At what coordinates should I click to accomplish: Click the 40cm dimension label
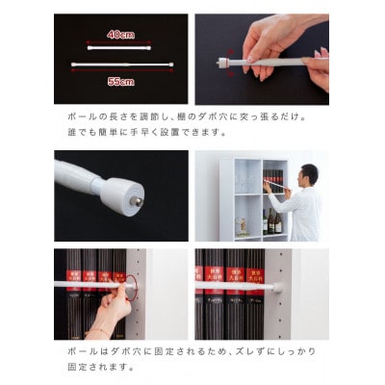(x=120, y=35)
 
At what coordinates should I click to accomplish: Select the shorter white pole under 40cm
(x=120, y=45)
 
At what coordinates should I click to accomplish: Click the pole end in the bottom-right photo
(x=280, y=286)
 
